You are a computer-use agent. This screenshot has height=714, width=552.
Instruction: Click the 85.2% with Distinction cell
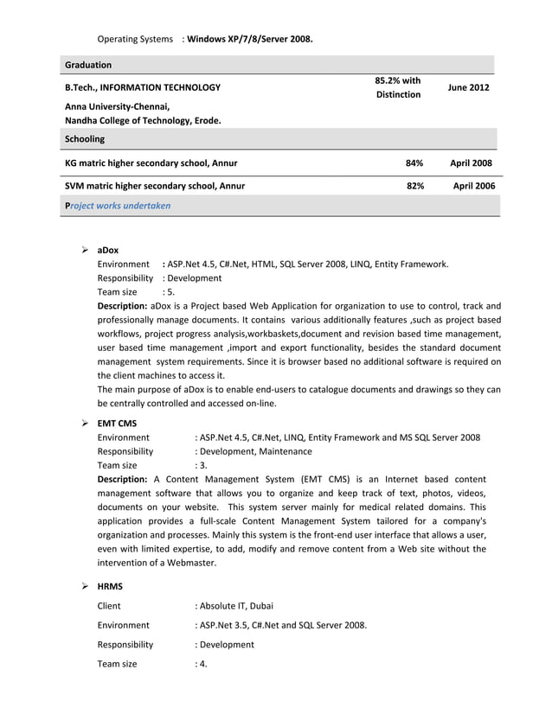[x=397, y=87]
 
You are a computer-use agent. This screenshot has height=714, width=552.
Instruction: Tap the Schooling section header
[x=85, y=138]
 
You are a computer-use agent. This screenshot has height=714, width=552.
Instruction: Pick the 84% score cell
[x=414, y=163]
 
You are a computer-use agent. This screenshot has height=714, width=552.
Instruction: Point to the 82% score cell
[x=414, y=186]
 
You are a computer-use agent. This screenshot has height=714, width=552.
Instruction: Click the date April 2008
[x=471, y=163]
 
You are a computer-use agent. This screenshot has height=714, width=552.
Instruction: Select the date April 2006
[x=471, y=186]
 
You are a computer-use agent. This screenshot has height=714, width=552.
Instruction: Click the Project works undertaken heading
[x=118, y=206]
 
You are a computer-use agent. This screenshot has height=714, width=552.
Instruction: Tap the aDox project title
[x=107, y=250]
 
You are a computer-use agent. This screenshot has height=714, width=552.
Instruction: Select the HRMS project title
[x=110, y=586]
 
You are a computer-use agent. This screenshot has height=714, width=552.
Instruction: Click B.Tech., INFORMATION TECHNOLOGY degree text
[x=142, y=87]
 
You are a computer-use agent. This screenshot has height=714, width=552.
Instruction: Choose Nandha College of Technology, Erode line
[x=143, y=120]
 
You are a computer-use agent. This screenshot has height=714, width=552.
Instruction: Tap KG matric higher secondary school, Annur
[x=151, y=163]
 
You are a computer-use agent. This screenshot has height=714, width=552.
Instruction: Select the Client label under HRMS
[x=109, y=605]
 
